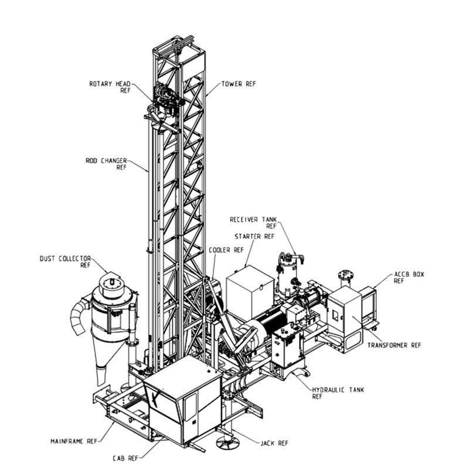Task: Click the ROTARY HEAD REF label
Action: (110, 87)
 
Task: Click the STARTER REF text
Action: (254, 236)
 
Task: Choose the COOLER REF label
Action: (226, 250)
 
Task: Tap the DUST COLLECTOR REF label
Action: (65, 261)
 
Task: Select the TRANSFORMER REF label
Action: (394, 345)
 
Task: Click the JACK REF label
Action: (274, 443)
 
